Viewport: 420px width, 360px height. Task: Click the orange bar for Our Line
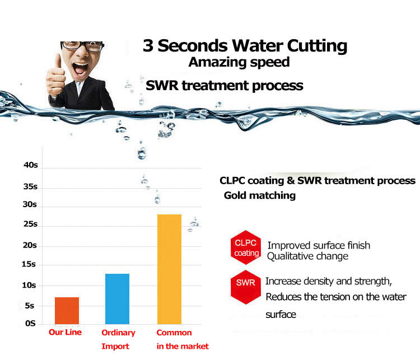pos(67,311)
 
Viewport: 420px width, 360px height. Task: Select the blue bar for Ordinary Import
pos(118,299)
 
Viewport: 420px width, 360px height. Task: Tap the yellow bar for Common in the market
pos(169,269)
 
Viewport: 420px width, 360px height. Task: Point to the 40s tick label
pos(31,165)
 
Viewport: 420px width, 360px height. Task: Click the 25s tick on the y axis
pos(30,224)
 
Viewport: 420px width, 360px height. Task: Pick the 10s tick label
pos(29,285)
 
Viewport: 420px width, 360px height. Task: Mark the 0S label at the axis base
pos(30,323)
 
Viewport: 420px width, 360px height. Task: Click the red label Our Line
pos(65,332)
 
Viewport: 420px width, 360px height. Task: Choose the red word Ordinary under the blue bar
pos(118,333)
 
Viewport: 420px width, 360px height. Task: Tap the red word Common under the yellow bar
pos(174,333)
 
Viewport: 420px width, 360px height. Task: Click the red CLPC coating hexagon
pos(246,247)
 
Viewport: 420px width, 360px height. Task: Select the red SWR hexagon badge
pos(246,287)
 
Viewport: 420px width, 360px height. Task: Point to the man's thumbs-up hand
pos(55,76)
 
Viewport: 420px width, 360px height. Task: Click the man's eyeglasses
pos(82,46)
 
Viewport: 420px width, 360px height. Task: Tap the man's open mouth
pos(80,68)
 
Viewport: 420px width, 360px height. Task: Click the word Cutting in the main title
pos(317,46)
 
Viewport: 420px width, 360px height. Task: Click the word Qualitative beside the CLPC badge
pos(290,256)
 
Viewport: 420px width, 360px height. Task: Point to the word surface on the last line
pos(281,315)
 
